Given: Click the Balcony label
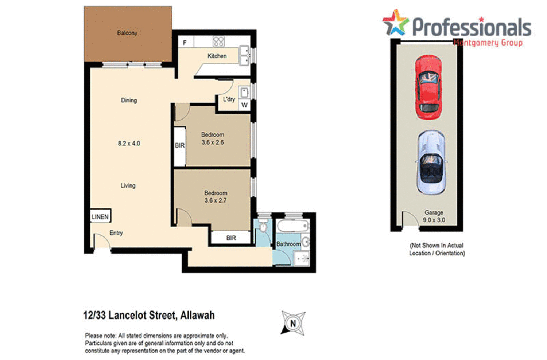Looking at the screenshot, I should coord(127,33).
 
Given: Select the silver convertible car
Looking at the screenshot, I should coord(431,163).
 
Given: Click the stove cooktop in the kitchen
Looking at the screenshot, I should coord(218,42).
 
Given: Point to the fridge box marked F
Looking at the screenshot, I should coord(185,43).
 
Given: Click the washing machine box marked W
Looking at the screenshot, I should coord(244,105).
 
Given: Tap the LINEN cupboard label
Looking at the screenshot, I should coord(100,216).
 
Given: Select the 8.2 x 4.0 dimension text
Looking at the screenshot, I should coord(129,144).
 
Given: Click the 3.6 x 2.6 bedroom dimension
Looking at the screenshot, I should coord(213,142).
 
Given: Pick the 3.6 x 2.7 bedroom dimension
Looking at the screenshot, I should coord(215,200).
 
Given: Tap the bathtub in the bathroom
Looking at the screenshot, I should coord(293,226).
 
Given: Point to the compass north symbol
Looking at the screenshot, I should coord(293,323).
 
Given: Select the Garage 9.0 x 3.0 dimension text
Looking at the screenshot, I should coord(434,220).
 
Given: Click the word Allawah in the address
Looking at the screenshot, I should coord(197,315).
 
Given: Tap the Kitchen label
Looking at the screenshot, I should coord(217,56).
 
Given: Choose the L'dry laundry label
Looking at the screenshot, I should coord(229,99).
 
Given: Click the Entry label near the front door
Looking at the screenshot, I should coord(116,233).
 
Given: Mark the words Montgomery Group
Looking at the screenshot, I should coord(488,43).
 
